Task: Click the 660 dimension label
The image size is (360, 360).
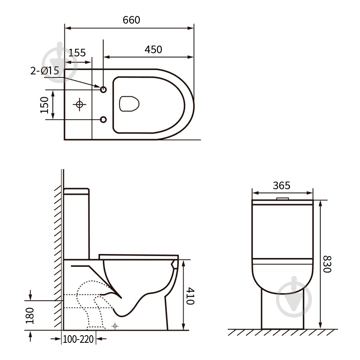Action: point(131,20)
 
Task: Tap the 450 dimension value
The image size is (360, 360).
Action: point(153,49)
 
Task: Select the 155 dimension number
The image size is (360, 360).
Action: point(77,52)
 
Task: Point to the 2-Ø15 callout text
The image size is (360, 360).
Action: point(45,70)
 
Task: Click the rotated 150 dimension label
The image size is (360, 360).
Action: point(44,105)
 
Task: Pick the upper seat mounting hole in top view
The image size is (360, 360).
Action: point(103,90)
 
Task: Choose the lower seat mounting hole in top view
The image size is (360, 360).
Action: point(103,119)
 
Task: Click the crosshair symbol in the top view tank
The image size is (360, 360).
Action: point(80,104)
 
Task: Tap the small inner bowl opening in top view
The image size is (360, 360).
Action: point(129,104)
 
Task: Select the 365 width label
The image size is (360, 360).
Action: point(282,185)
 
